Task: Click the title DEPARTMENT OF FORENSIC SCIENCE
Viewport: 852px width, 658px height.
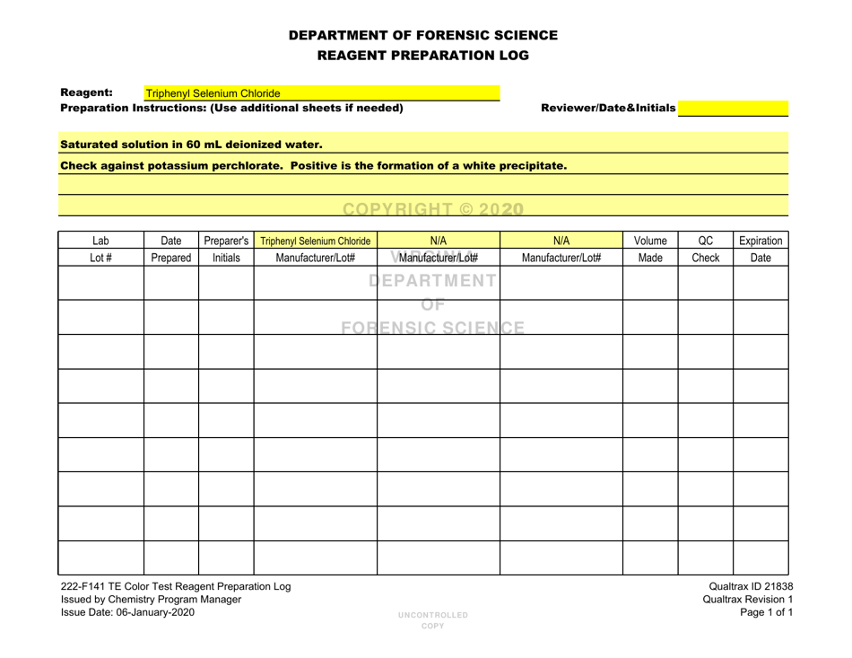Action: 423,36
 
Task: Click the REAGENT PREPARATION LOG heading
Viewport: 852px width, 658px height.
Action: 423,56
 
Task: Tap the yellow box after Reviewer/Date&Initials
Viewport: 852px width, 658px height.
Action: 733,109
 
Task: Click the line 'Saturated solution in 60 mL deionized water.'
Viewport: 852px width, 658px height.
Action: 190,144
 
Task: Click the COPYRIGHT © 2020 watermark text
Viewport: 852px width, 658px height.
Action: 426,208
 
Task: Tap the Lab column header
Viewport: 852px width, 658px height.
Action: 101,241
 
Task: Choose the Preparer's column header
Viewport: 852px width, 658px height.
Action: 225,241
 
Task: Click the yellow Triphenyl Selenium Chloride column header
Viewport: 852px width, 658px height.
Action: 315,241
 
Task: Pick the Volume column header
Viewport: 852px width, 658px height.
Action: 649,241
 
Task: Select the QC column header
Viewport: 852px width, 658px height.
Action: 705,241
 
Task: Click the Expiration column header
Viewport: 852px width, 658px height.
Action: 761,241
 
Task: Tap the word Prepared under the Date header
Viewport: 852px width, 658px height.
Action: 170,259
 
